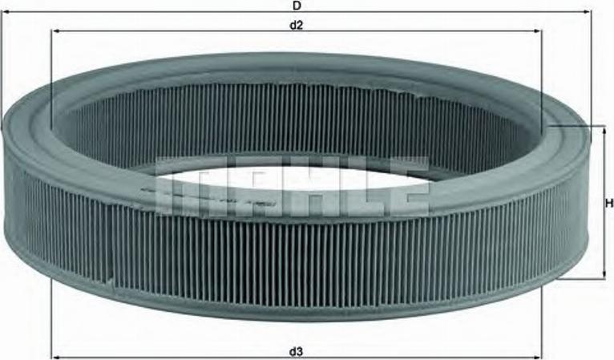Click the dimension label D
[x=297, y=5]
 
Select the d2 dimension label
[x=297, y=24]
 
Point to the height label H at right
[x=608, y=203]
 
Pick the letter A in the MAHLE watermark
[x=238, y=192]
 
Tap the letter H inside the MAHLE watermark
[x=294, y=192]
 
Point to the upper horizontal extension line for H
[x=573, y=126]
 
